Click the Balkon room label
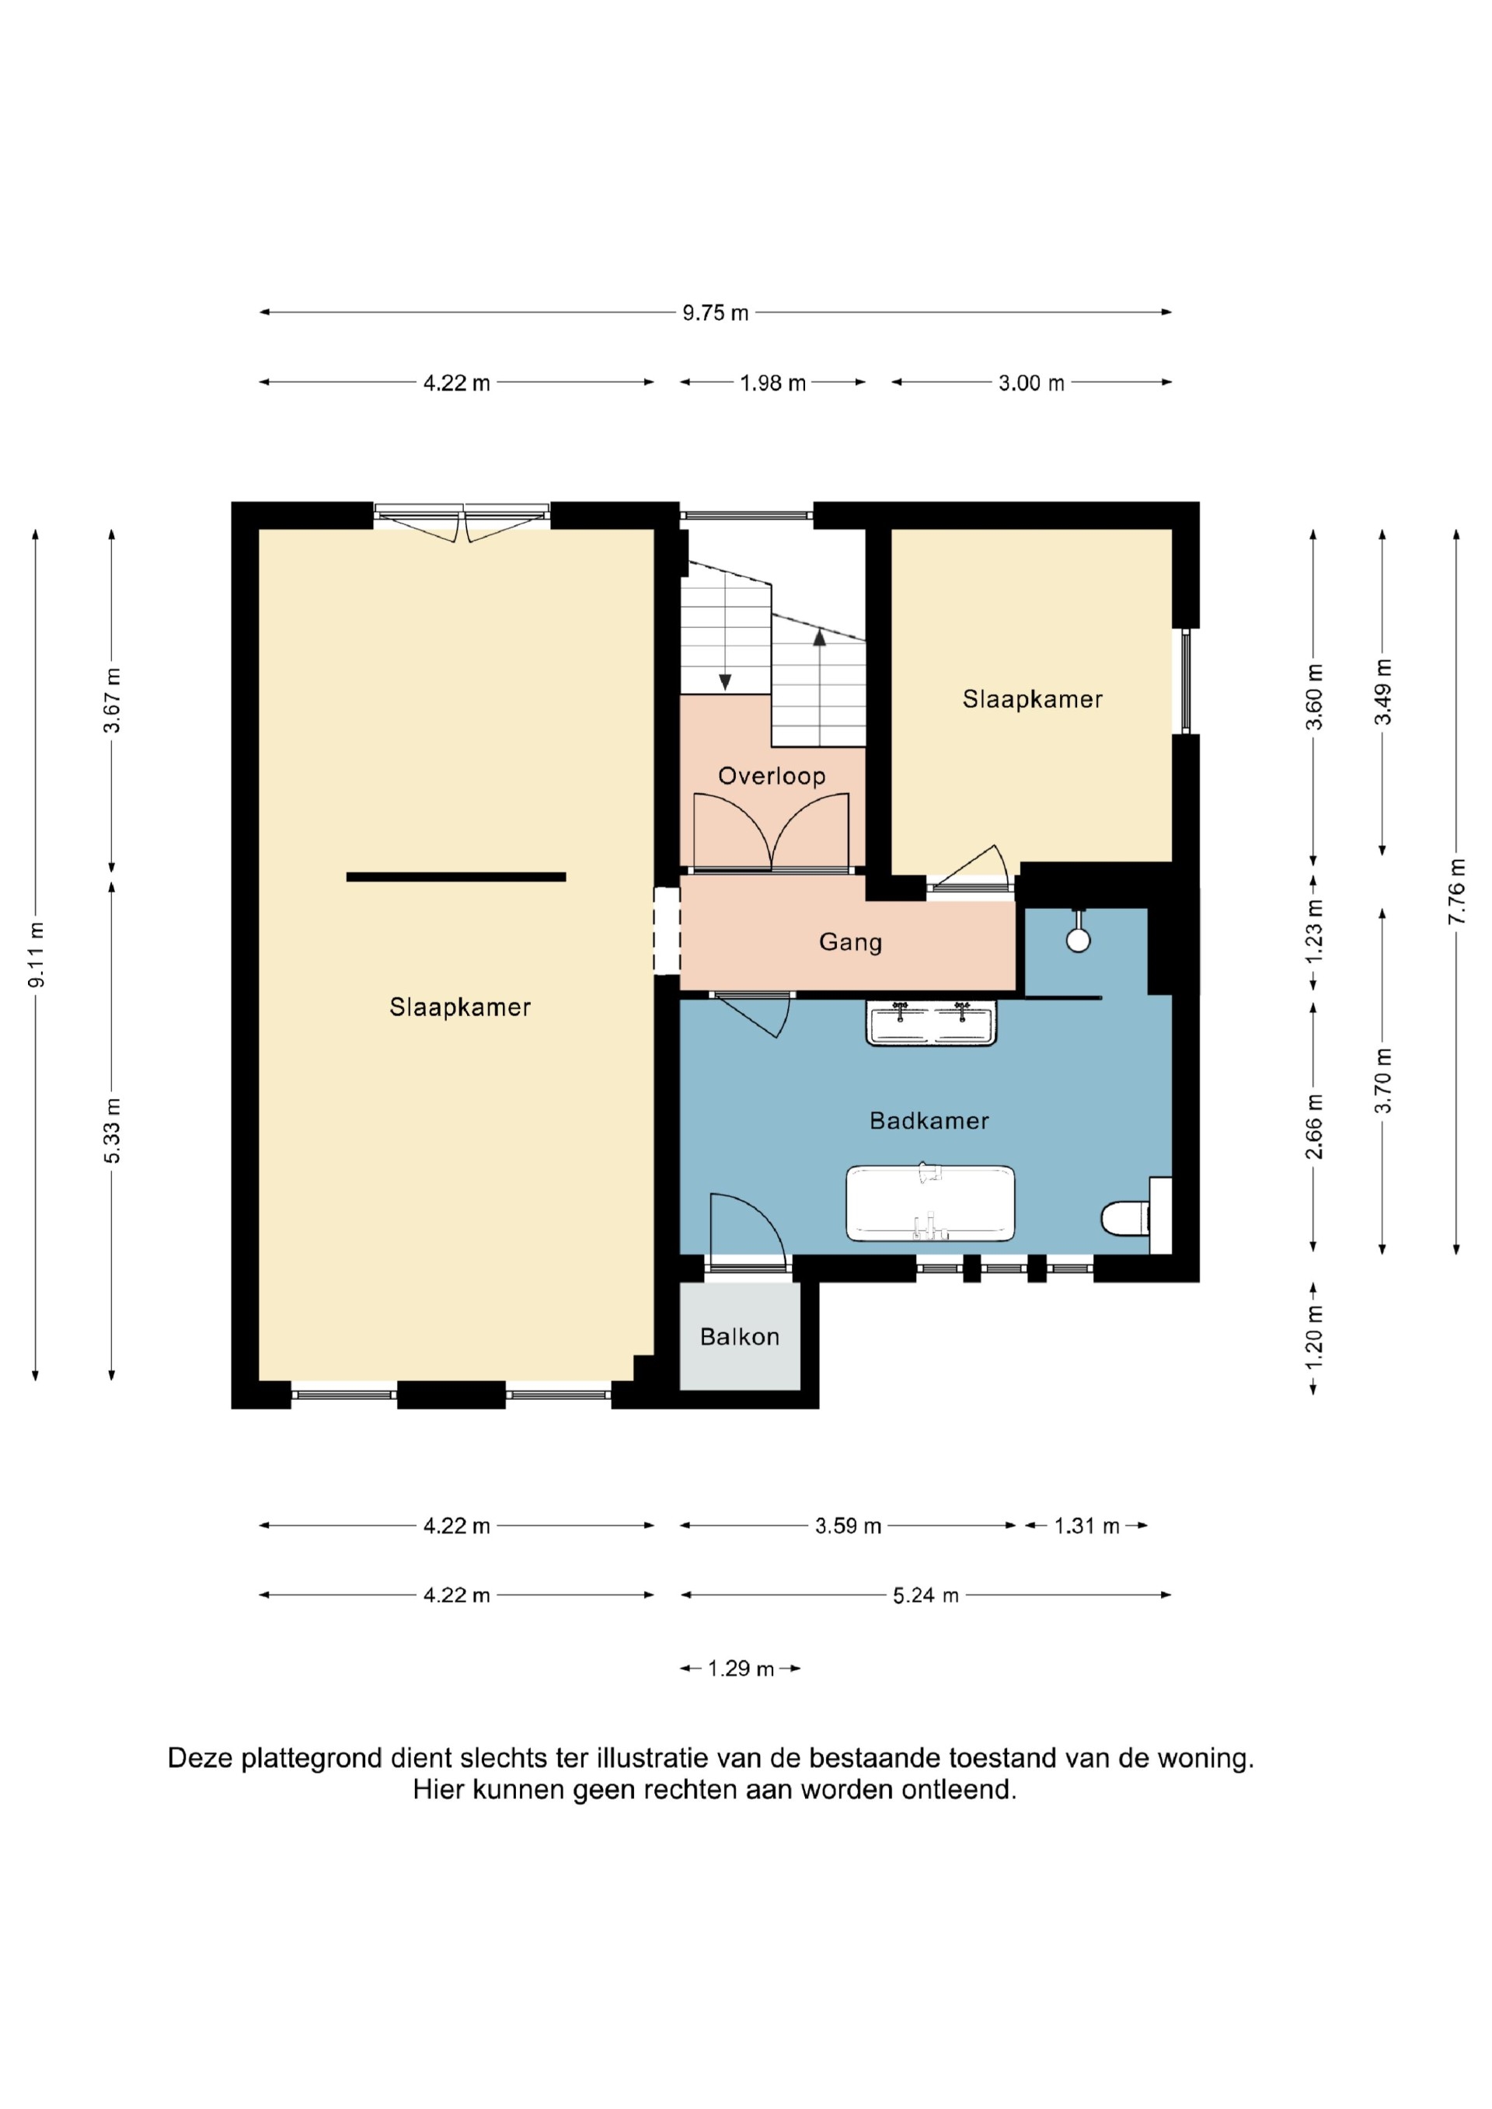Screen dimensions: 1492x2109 740,1337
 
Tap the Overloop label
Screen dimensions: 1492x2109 772,776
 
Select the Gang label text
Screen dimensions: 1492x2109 851,942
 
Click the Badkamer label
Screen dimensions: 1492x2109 929,1121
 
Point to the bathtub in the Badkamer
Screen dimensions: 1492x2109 931,1203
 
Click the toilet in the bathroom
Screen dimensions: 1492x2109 1126,1219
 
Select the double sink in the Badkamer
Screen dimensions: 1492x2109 932,1023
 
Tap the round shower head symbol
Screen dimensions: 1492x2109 1078,940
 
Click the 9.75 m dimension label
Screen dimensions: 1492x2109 716,313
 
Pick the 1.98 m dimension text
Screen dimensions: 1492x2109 772,383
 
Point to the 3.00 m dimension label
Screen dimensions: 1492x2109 1032,383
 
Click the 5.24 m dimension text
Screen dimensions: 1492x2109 926,1596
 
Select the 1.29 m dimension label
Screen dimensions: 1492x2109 741,1668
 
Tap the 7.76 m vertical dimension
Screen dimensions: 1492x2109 1456,892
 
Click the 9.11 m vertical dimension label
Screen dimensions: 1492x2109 36,955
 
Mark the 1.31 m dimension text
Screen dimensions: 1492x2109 1087,1526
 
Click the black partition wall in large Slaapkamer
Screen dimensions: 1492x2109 455,877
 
